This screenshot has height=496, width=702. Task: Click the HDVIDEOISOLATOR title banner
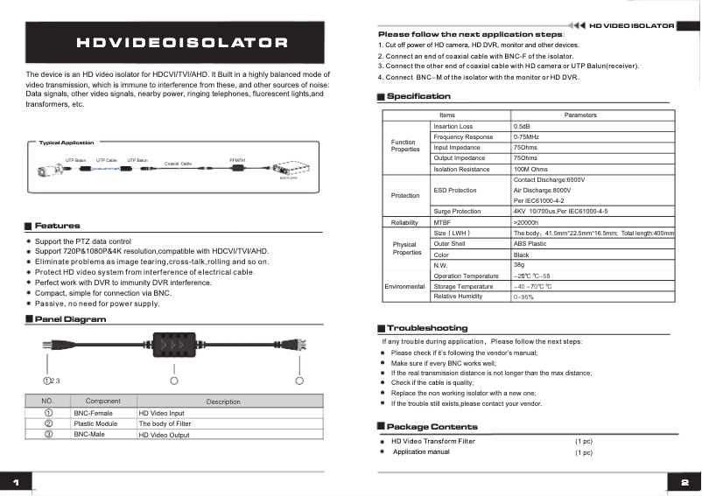coord(182,42)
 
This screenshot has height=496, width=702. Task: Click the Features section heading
coord(57,226)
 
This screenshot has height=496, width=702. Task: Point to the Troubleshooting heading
coord(427,328)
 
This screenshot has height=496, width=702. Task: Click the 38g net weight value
coord(520,264)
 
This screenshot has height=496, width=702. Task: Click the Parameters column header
coord(580,115)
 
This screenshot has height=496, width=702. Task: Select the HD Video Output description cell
coord(164,435)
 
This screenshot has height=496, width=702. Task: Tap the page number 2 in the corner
coord(684,482)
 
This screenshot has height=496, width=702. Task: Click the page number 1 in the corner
coord(16,482)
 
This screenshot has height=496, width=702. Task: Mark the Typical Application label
coord(67,143)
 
